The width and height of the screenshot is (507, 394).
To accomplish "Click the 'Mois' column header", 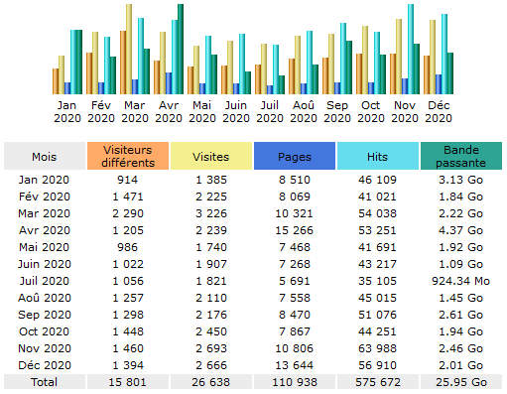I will (x=44, y=157).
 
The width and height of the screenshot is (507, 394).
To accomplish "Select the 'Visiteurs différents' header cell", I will (x=127, y=157).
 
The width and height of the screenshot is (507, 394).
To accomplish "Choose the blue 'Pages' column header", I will (x=294, y=157).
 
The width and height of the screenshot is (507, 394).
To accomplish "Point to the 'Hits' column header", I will (x=377, y=157).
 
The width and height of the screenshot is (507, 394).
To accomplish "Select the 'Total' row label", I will (x=44, y=381).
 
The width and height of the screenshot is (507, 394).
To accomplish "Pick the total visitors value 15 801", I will (x=127, y=381).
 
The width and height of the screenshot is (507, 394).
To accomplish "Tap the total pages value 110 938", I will (x=294, y=381).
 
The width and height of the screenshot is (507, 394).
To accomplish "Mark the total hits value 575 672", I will (x=377, y=381).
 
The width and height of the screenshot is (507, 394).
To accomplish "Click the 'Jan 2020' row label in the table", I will (x=44, y=180).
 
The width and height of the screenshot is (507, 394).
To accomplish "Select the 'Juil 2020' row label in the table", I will (x=44, y=281).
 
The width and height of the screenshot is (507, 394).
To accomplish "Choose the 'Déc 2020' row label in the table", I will (x=44, y=364).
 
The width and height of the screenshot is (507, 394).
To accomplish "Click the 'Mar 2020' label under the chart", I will (x=134, y=109).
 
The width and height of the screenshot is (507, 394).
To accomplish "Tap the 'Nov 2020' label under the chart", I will (x=404, y=109).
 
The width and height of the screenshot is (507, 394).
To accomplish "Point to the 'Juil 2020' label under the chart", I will (x=269, y=109).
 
